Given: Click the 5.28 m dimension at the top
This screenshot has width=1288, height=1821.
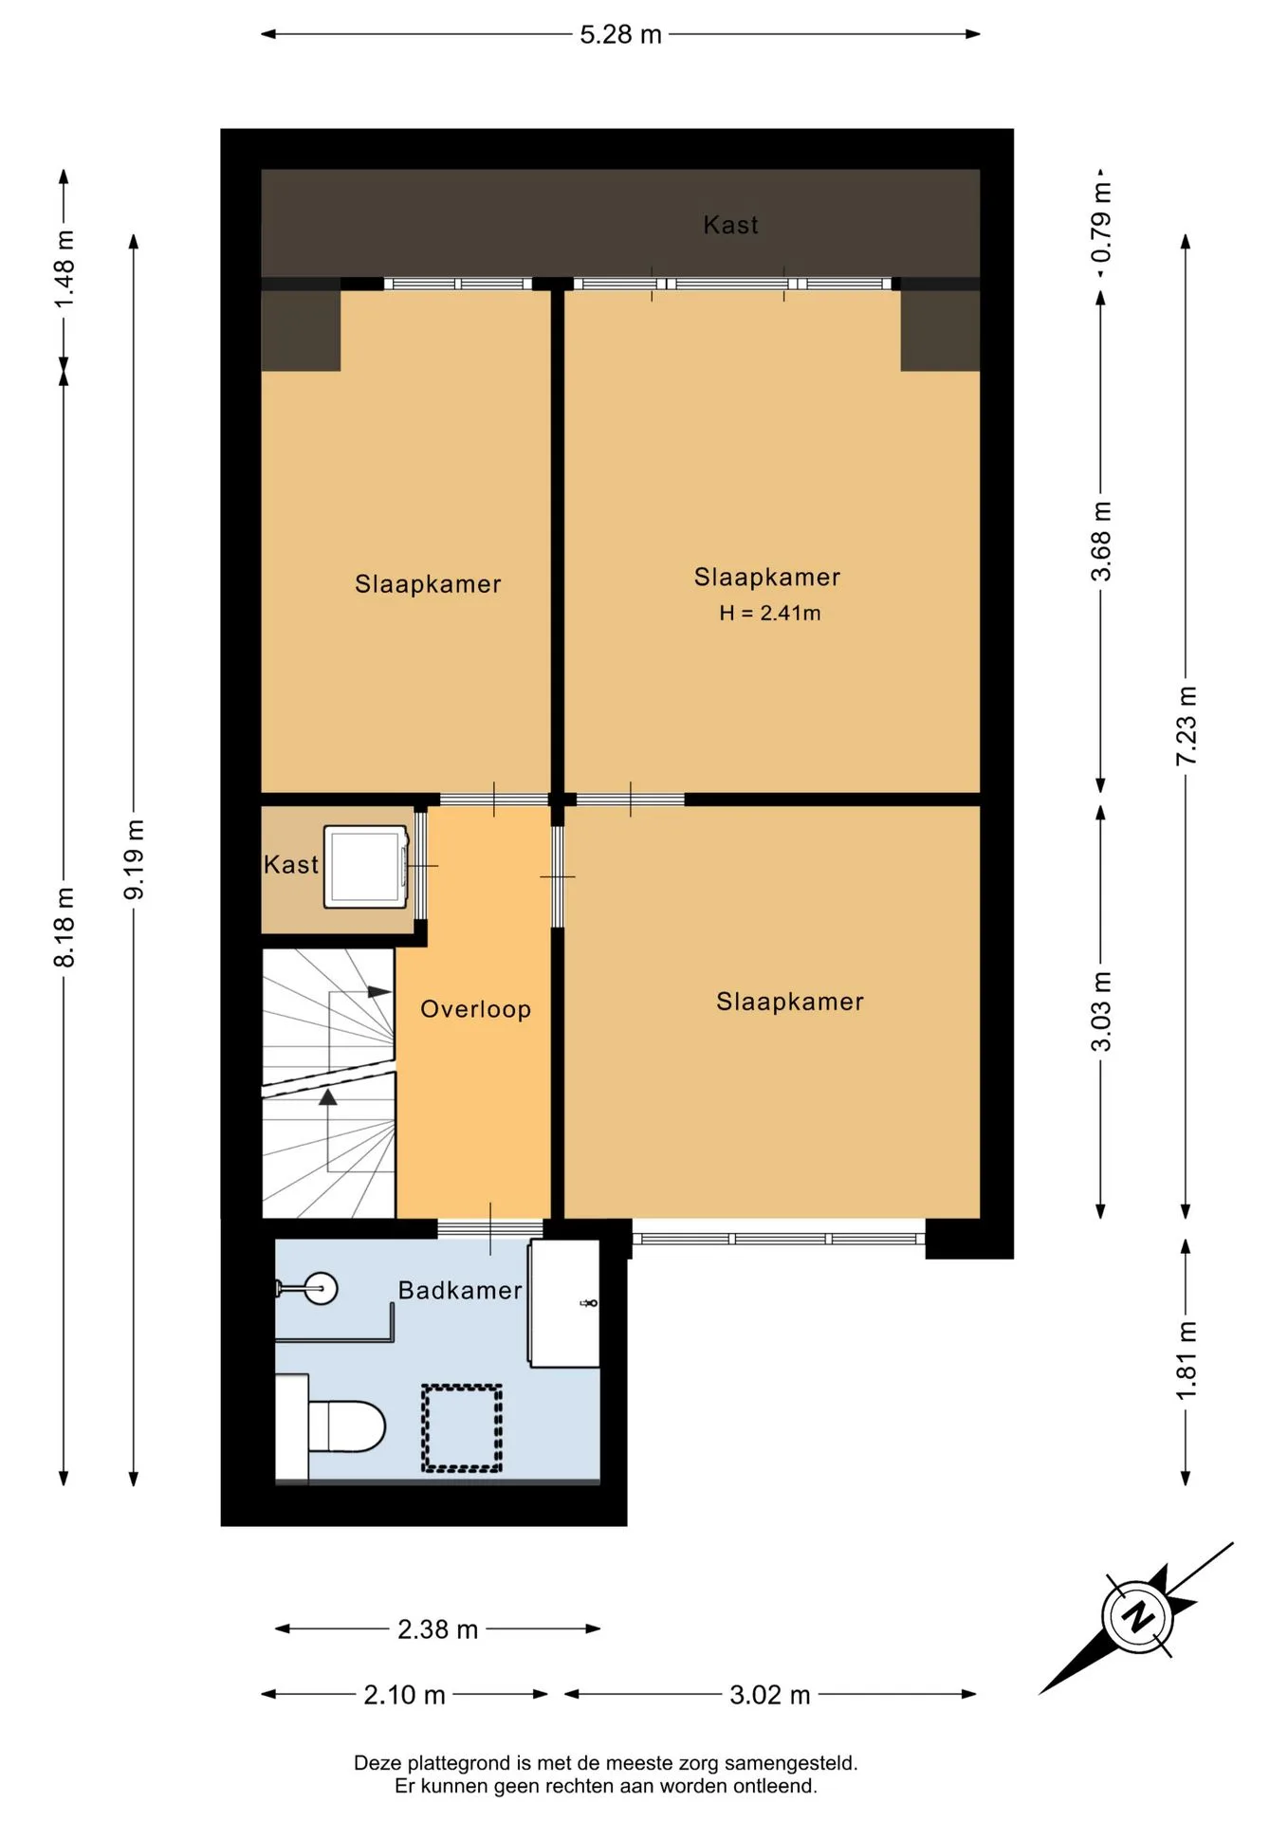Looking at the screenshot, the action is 620,35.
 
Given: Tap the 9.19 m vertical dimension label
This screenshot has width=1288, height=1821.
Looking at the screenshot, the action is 135,860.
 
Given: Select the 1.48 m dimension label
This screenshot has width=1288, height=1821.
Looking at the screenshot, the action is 64,268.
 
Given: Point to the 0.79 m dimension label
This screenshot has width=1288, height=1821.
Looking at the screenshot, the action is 1101,224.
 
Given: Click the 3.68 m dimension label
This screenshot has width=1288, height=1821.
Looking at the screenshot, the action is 1101,542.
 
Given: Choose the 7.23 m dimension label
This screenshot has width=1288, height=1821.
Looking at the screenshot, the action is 1187,726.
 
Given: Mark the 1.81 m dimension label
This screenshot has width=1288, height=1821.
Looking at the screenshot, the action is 1187,1360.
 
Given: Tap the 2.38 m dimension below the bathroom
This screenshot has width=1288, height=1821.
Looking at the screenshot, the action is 437,1629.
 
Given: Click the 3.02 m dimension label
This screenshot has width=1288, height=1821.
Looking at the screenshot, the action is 770,1695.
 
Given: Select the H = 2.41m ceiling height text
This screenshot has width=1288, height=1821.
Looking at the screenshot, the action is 770,613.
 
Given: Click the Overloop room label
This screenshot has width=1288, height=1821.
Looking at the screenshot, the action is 476,1009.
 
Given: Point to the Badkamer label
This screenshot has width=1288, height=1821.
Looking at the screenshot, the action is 460,1291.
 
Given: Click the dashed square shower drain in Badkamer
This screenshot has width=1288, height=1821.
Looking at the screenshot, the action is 462,1428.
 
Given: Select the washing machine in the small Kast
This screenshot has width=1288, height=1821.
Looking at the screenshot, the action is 366,866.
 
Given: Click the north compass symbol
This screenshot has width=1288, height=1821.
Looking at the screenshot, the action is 1137,1617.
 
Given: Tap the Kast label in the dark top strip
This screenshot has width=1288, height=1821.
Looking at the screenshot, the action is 731,225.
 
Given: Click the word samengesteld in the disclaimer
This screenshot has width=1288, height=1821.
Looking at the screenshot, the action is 791,1763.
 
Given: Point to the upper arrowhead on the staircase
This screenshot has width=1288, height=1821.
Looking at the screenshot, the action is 379,991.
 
